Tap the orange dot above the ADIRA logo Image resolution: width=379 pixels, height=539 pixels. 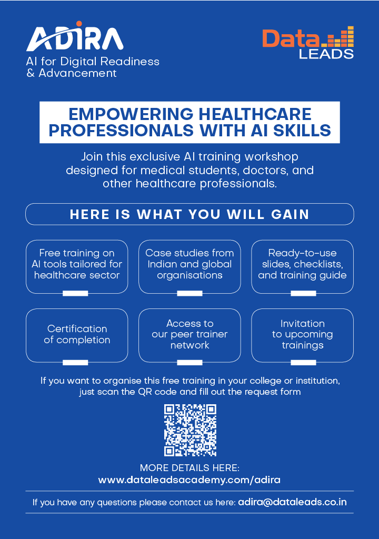(79, 24)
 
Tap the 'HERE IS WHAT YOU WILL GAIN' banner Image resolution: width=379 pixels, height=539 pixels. (189, 214)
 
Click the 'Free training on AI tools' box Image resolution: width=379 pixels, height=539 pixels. (77, 266)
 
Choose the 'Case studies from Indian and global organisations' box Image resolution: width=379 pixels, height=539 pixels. (189, 266)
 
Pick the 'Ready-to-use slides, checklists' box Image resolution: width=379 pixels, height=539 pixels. (302, 266)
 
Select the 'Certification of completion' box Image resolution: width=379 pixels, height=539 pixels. (77, 335)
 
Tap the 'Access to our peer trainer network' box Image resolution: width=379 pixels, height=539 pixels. (189, 335)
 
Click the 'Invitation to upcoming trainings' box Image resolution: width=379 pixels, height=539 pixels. (302, 335)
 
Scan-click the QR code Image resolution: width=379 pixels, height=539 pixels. (190, 430)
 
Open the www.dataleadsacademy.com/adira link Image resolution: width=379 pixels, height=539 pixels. (189, 480)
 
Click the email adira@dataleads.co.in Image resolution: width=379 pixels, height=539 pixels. (292, 502)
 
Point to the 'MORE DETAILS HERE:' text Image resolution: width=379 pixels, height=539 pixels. (189, 468)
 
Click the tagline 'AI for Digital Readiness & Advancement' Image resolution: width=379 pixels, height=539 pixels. (93, 67)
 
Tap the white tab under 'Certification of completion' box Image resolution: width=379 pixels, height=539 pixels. (75, 362)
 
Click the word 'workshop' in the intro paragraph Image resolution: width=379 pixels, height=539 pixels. (271, 157)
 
